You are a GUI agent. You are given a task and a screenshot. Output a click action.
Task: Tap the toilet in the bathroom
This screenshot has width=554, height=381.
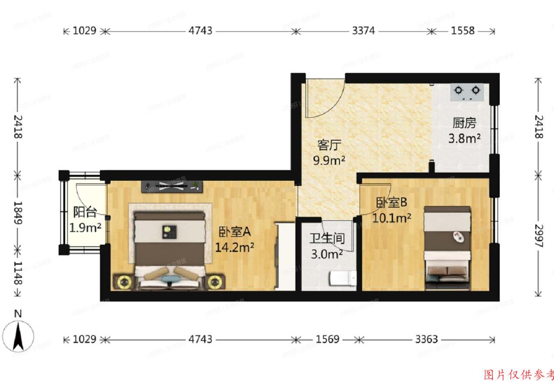point(342,278)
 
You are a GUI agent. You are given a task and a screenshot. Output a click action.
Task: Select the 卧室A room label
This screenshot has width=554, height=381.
point(234,232)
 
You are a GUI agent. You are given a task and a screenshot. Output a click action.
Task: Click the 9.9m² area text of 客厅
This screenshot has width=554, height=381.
point(329,161)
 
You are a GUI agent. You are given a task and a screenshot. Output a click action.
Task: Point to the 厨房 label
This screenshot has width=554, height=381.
point(464,124)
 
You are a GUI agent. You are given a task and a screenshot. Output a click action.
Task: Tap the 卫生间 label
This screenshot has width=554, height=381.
point(327,239)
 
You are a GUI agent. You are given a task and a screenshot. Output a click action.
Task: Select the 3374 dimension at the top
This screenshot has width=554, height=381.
point(364,31)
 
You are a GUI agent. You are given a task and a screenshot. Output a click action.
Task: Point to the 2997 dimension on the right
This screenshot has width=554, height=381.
point(539,236)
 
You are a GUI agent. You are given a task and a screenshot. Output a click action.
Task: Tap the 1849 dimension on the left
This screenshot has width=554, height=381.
point(17,212)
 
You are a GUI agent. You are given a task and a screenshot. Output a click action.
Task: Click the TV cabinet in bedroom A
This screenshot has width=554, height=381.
point(172,186)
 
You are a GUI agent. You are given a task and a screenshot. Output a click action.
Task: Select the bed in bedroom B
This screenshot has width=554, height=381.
point(447,248)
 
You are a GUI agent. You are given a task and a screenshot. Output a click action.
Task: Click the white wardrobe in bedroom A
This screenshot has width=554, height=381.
point(285,256)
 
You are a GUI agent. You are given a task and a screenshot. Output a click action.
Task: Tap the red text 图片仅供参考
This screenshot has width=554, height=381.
point(518,374)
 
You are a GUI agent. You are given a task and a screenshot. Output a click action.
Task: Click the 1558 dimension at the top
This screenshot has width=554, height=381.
point(463,31)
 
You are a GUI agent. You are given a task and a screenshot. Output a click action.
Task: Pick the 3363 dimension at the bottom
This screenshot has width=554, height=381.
point(426,339)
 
